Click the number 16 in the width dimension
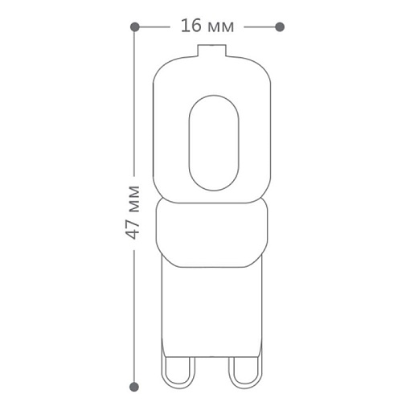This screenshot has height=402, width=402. (x=191, y=27)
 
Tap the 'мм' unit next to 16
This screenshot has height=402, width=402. (x=219, y=28)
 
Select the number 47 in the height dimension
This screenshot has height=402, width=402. (x=133, y=229)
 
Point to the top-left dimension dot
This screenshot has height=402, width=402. (x=134, y=27)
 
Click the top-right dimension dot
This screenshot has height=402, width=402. (x=280, y=27)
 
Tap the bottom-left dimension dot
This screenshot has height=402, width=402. (x=134, y=387)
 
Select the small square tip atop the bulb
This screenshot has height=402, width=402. (x=211, y=50)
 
